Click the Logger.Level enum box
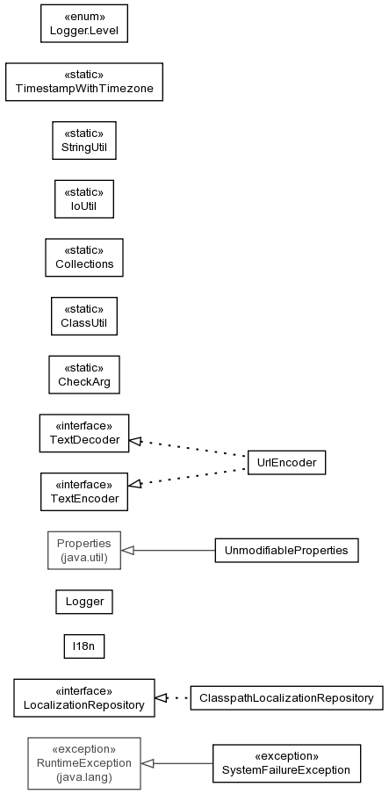84,24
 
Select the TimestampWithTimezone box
84,82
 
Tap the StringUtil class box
84,141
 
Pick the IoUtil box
84,199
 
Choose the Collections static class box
84,257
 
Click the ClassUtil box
84,316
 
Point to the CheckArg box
84,375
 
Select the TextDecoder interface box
84,433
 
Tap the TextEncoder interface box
84,492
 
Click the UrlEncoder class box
286,462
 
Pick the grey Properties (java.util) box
84,551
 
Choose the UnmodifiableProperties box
286,551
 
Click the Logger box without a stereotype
84,602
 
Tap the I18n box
84,646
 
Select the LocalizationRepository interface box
84,697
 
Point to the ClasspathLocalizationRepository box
286,697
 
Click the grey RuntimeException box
84,763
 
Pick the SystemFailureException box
286,763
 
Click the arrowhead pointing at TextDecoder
135,441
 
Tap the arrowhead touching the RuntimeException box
148,763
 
